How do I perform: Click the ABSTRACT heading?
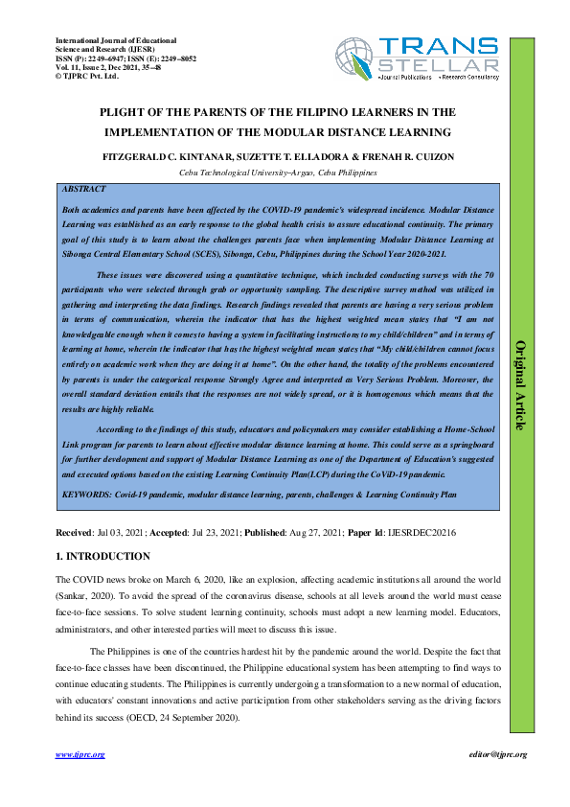tap(83, 190)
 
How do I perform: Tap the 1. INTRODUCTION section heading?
tap(103, 556)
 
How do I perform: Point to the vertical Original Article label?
tap(522, 383)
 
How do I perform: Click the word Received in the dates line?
tap(74, 532)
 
